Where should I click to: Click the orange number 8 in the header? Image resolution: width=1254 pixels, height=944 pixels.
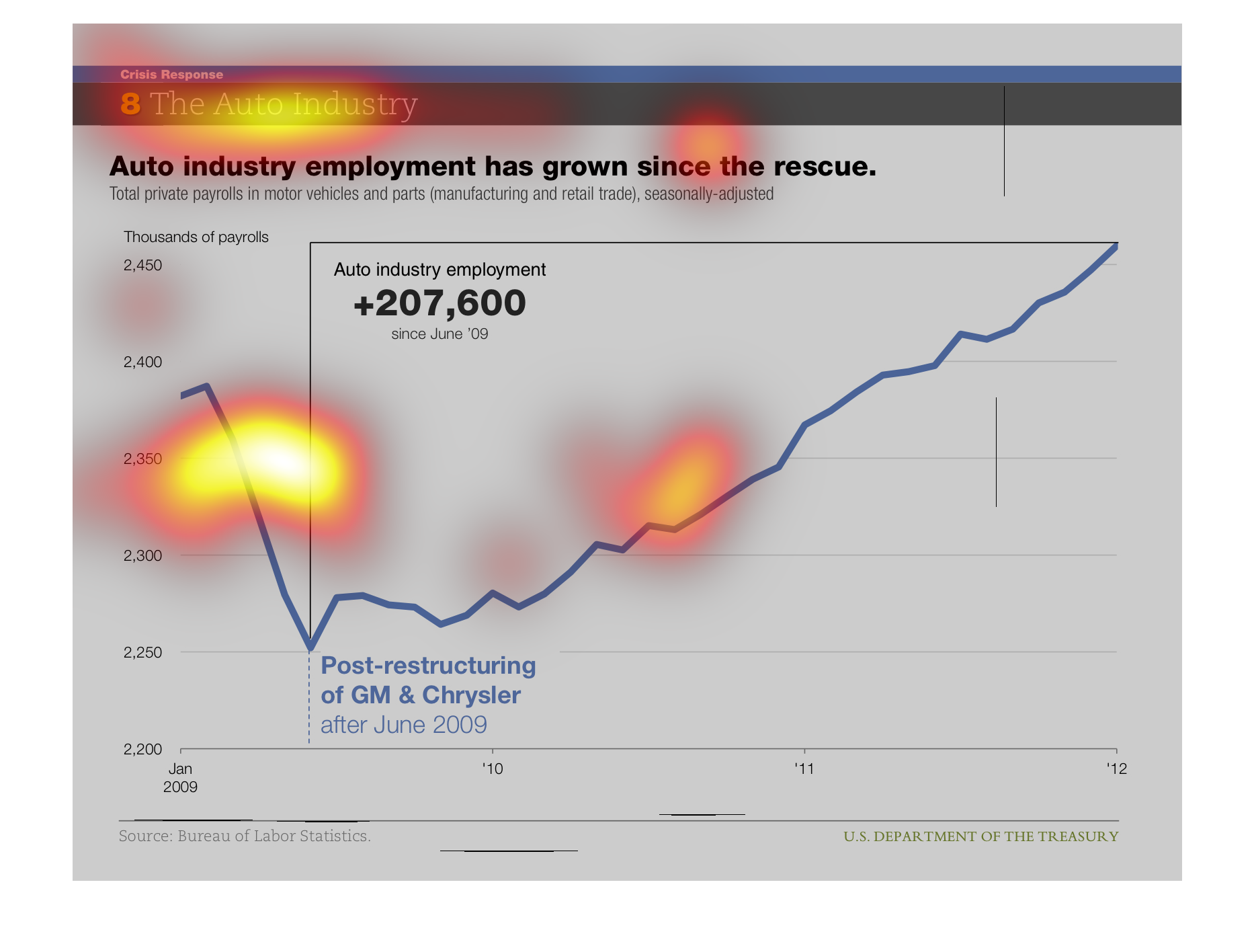coord(130,104)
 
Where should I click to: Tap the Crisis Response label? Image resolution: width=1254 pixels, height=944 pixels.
coord(171,75)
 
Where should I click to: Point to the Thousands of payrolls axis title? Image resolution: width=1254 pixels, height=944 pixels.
coord(196,237)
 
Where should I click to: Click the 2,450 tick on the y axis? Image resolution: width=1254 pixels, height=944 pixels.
coord(142,266)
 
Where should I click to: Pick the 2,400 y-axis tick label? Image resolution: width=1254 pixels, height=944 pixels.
coord(142,362)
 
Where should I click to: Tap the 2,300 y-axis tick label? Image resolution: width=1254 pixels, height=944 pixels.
coord(142,556)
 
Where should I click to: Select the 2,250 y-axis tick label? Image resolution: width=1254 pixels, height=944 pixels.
coord(142,653)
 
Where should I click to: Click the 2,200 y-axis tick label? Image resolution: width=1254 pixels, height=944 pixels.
coord(142,750)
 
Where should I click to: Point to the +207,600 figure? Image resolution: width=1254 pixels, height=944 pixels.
coord(440,303)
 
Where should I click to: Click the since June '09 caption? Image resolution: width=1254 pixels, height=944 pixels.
coord(440,334)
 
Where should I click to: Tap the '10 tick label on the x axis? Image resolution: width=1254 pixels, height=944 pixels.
coord(493,769)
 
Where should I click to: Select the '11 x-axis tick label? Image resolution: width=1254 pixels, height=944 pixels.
coord(804,769)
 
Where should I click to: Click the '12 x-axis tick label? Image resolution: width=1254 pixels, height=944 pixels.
coord(1116,769)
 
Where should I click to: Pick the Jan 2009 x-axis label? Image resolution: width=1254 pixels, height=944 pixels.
coord(180,778)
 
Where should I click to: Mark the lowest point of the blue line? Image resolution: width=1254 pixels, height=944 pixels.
coord(310,647)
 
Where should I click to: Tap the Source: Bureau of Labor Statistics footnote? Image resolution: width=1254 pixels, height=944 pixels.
coord(245,836)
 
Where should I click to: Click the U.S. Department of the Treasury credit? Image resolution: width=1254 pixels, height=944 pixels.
coord(980,836)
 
